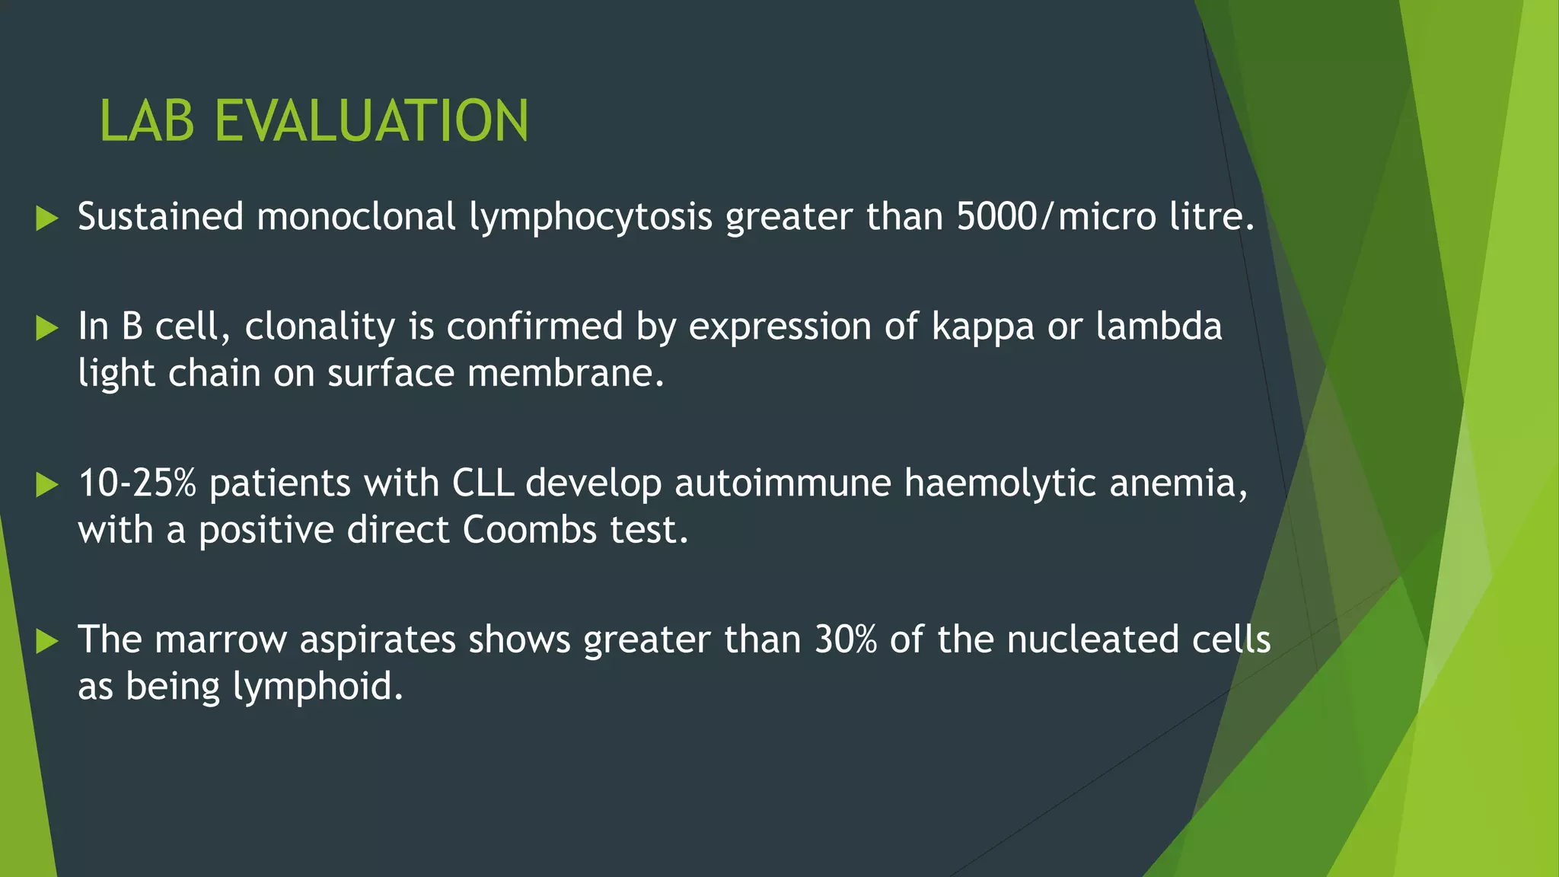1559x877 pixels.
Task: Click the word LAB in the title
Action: tap(147, 121)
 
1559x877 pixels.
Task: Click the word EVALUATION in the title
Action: tap(371, 121)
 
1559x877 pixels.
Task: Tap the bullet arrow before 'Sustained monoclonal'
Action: tap(47, 219)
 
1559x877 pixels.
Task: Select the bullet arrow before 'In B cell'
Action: tap(47, 329)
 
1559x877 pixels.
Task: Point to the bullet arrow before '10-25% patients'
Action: tap(47, 485)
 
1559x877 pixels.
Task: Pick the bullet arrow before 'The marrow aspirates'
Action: tap(47, 642)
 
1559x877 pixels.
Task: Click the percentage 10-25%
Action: tap(138, 483)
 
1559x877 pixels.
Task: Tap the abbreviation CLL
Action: tap(483, 483)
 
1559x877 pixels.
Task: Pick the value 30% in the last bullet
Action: tap(846, 639)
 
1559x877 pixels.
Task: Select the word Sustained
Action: tap(161, 217)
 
